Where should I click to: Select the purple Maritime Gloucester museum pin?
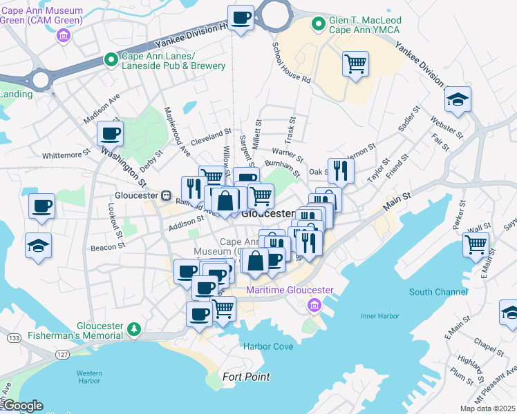click(314, 305)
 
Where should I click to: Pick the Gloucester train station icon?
click(166, 195)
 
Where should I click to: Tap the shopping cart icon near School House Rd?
click(355, 65)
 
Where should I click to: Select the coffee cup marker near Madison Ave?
click(110, 132)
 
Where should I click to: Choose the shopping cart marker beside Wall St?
click(476, 244)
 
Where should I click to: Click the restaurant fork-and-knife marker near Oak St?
click(340, 170)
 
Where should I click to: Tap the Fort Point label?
click(246, 377)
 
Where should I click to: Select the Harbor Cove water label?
click(267, 346)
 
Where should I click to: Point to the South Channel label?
click(438, 292)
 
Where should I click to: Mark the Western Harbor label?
click(89, 376)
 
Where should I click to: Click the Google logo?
click(22, 406)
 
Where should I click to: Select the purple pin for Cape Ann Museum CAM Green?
click(64, 34)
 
